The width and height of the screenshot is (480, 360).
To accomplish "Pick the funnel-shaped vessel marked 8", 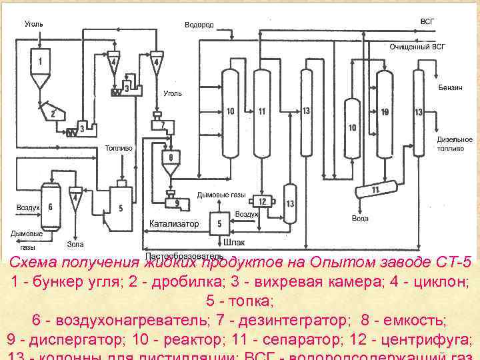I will pos(171,160).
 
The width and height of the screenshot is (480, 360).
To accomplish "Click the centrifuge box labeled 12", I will pos(262,201).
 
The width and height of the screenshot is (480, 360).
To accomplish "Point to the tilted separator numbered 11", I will pos(375,191).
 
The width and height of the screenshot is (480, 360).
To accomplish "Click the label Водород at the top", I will pos(199,25).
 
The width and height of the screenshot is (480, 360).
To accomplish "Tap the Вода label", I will pos(360,218).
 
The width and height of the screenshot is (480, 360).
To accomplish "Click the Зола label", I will pos(75,244).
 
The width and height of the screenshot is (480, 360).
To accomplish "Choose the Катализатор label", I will pos(174,224).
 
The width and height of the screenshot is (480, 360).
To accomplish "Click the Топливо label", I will pos(118,148).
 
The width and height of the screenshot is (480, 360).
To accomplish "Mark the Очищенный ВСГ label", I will pos(417,47).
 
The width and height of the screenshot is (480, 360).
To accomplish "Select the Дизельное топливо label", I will pos(455,144).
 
